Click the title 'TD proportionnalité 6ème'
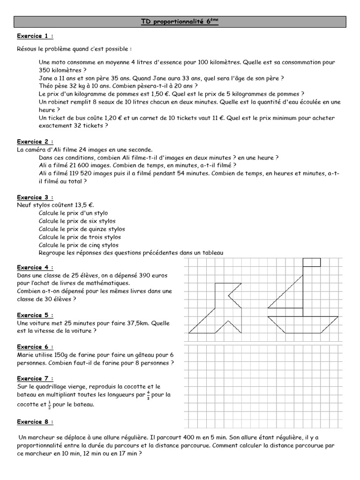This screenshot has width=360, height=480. click(180, 22)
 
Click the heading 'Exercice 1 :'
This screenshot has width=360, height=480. click(35, 36)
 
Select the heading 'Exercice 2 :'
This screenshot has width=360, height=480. click(35, 142)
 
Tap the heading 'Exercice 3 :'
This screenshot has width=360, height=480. click(35, 197)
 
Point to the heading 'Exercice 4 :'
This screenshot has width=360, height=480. click(35, 267)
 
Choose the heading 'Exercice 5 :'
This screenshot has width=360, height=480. click(35, 315)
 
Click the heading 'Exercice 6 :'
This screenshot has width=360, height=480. click(35, 347)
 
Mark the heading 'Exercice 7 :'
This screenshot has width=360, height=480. click(35, 378)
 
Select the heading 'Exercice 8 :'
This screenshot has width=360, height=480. click(35, 422)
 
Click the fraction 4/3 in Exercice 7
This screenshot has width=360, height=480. click(149, 395)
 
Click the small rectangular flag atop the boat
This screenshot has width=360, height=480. click(312, 262)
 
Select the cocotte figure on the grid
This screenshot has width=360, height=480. click(220, 309)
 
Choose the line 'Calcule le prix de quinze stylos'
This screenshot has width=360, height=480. click(82, 229)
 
